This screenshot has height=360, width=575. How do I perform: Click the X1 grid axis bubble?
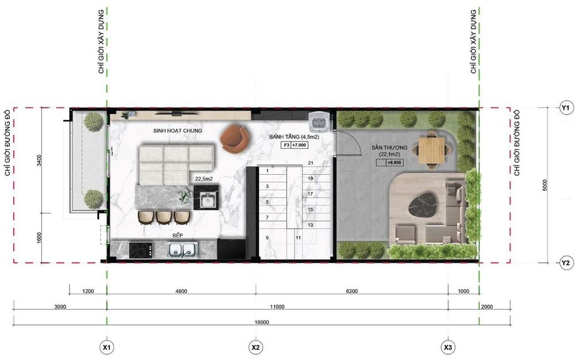click(x=107, y=347)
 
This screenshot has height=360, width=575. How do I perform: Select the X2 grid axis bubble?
click(x=256, y=347)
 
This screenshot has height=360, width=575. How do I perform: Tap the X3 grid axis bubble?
click(x=448, y=347)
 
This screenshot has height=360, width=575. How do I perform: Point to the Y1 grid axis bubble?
click(x=565, y=108)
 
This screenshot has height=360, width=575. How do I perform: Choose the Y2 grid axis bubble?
click(x=565, y=263)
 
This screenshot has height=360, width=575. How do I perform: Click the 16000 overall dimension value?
click(x=262, y=322)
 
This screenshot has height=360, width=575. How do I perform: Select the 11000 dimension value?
click(x=277, y=307)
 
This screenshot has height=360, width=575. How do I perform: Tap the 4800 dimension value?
click(x=181, y=292)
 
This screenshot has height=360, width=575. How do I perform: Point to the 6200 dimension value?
click(x=351, y=292)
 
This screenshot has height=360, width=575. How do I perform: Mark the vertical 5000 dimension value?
click(x=545, y=185)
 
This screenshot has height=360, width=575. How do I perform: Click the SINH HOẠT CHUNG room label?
click(x=178, y=131)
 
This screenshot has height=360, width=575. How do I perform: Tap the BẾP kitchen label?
click(x=178, y=235)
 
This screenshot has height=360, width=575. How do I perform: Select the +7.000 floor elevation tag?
click(x=299, y=145)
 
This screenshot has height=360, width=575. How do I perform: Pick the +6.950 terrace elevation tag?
click(x=394, y=162)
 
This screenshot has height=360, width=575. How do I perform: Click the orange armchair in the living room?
click(x=235, y=139)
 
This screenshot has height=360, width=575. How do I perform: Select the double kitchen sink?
click(x=182, y=250)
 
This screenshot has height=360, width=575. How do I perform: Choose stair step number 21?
click(x=310, y=163)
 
